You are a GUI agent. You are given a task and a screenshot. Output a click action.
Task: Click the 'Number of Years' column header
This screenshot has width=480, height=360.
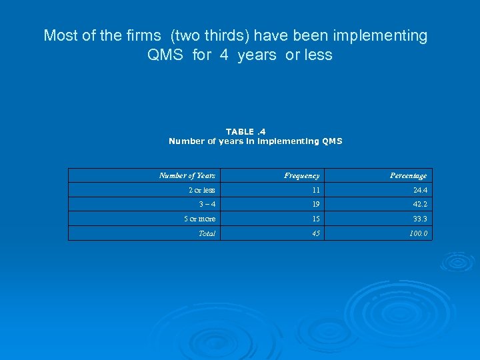[187, 175]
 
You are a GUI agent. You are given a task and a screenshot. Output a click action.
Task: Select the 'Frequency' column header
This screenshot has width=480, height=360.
[301, 175]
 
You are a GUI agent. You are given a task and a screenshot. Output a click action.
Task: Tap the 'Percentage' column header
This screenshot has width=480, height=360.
[408, 175]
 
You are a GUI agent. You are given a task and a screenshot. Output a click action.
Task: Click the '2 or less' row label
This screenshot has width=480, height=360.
[201, 190]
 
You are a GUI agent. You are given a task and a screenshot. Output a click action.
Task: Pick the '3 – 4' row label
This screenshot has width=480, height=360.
[206, 205]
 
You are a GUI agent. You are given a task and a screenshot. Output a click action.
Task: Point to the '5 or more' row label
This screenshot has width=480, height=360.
[200, 219]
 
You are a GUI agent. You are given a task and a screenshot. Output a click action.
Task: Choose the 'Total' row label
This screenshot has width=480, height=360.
[207, 233]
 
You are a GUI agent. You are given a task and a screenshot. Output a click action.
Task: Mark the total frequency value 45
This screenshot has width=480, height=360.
[315, 233]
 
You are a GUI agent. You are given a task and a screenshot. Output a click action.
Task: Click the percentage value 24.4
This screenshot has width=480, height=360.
[419, 190]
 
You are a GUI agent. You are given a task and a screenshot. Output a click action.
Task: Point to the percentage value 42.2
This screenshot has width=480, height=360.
[419, 205]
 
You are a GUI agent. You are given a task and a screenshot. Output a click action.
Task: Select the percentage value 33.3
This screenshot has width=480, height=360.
[419, 219]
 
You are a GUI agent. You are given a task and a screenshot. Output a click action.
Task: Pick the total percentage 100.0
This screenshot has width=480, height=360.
[417, 233]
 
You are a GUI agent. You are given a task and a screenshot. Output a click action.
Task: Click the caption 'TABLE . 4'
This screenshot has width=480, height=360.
[245, 132]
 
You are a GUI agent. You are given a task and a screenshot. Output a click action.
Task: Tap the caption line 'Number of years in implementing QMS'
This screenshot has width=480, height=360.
[255, 141]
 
